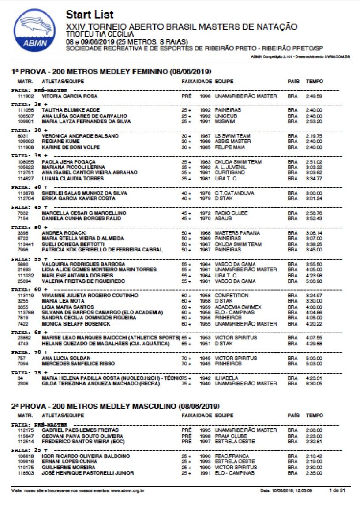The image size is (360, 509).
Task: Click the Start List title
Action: click(x=90, y=15)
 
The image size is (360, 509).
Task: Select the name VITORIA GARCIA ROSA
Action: click(x=69, y=96)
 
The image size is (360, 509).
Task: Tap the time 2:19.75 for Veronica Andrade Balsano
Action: click(x=314, y=136)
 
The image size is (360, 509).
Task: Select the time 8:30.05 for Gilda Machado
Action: click(x=314, y=384)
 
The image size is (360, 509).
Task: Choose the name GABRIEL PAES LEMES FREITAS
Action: click(x=80, y=430)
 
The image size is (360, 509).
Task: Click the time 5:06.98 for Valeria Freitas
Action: click(x=314, y=281)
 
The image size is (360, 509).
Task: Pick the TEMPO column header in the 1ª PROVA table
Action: click(x=315, y=82)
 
